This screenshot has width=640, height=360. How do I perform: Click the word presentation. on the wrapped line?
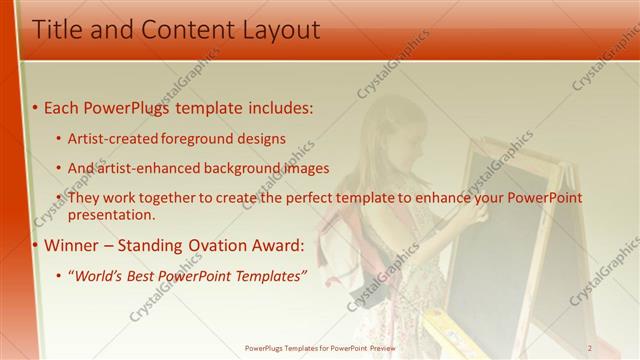point(111,214)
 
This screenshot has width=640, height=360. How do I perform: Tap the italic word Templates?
point(269,276)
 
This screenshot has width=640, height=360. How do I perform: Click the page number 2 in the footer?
point(590,347)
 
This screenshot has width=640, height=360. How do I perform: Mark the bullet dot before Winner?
point(36,246)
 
